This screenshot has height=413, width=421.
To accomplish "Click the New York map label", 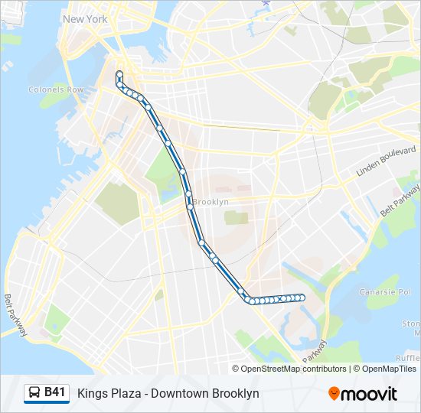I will (x=85, y=18).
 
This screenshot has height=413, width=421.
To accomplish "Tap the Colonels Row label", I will (x=55, y=89).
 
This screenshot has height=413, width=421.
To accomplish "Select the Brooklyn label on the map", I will (x=210, y=202).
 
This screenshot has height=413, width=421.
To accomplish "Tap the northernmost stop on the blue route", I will (x=119, y=74).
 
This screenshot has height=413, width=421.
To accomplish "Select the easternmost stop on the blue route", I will (x=302, y=298).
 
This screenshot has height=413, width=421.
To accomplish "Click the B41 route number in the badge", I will (x=54, y=392).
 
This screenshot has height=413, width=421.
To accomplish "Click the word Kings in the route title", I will (x=92, y=393).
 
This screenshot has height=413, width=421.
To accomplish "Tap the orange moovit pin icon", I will (x=335, y=393).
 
